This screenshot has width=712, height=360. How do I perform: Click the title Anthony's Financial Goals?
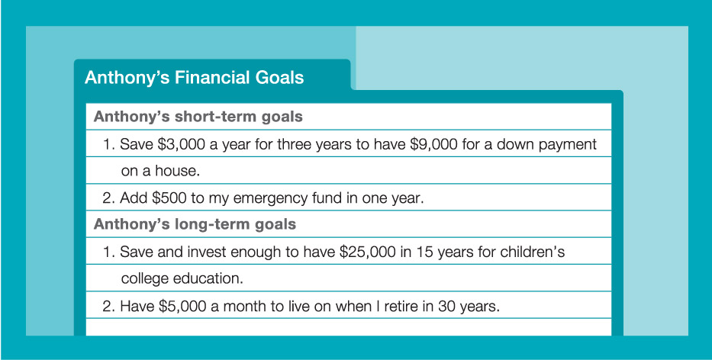click(x=194, y=77)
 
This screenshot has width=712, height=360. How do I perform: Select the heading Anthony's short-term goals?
click(x=198, y=117)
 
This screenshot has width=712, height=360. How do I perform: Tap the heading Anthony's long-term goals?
click(x=195, y=224)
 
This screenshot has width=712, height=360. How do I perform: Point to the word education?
click(x=208, y=278)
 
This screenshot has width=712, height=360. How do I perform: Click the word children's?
click(x=533, y=252)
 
